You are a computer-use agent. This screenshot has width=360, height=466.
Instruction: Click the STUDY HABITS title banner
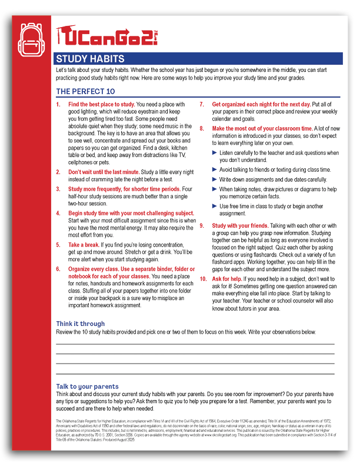(90, 58)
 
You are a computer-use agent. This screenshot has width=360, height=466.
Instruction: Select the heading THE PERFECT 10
(85, 91)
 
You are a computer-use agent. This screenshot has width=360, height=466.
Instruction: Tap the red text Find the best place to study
(102, 104)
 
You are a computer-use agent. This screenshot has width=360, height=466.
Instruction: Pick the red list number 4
(58, 212)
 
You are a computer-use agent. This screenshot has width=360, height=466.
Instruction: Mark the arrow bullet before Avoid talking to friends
(215, 169)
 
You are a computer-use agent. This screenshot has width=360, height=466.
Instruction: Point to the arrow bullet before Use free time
(215, 207)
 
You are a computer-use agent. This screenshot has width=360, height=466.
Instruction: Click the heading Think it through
(80, 324)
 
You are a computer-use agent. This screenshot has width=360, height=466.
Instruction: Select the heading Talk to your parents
(87, 387)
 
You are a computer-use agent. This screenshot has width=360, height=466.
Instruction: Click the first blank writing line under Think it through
(195, 343)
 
